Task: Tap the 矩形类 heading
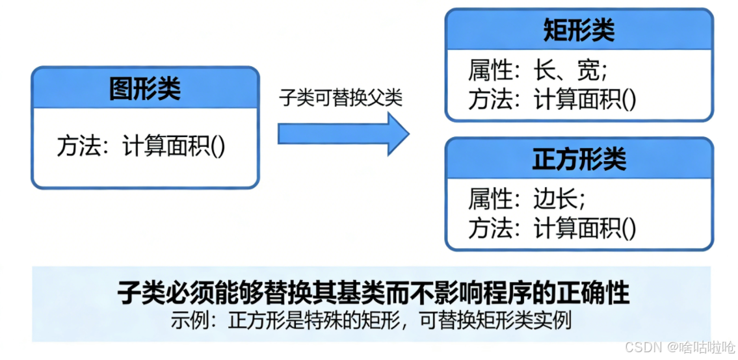(578, 31)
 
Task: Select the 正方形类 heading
(578, 159)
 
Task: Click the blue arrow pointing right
(343, 133)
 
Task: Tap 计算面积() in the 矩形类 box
(585, 99)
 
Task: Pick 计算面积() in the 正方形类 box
(585, 228)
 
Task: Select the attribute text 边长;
(560, 199)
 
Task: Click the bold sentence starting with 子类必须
(373, 293)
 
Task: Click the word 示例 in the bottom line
(189, 320)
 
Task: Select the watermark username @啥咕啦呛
(699, 347)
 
